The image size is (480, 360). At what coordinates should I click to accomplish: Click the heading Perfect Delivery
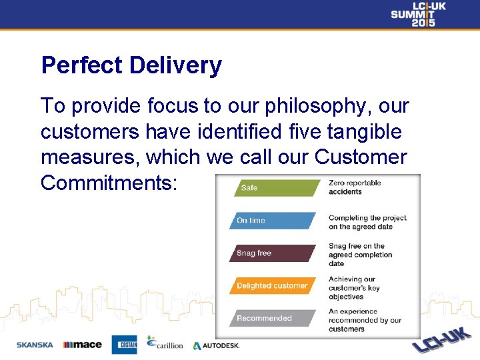[x=131, y=65]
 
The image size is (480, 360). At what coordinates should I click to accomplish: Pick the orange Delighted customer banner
[x=273, y=286]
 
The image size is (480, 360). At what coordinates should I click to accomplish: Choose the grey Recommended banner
[x=273, y=318]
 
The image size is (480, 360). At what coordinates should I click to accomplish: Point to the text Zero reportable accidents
[x=355, y=187]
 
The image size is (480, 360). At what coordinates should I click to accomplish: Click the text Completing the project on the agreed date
[x=367, y=222]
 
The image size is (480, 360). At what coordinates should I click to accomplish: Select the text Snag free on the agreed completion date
[x=360, y=255]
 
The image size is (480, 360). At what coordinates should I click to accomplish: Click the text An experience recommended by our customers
[x=365, y=320]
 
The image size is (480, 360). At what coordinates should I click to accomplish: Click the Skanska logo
[x=35, y=345]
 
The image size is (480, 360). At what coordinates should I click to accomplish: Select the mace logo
[x=82, y=345]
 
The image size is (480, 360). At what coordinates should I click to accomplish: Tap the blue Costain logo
[x=124, y=344]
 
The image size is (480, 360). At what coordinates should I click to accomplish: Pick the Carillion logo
[x=165, y=343]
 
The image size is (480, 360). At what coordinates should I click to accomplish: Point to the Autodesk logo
[x=216, y=345]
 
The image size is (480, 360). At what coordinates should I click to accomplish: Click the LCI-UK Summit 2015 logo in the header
[x=418, y=14]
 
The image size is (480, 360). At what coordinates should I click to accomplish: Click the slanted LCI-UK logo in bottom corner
[x=442, y=339]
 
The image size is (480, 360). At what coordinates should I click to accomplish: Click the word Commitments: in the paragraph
[x=109, y=182]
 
